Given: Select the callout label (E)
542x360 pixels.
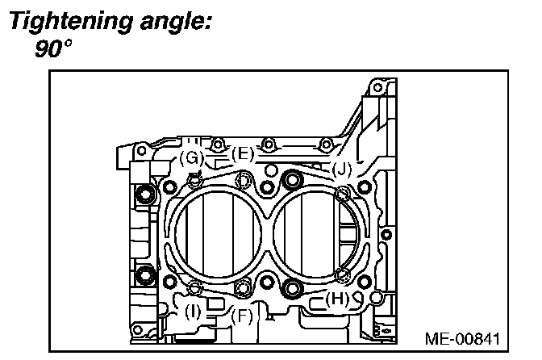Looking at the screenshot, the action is coord(242,153).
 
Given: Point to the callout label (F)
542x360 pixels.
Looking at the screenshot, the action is coord(242,316).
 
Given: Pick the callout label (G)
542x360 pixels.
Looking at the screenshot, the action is coord(191,157).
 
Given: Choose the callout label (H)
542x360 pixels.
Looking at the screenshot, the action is coord(338,299).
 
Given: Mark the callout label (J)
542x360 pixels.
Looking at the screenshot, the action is coord(342,170).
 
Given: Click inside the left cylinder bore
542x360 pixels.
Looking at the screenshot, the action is coord(215,234).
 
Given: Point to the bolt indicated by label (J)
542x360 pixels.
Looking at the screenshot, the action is coord(343,192).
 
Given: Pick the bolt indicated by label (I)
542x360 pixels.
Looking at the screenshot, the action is coord(194,288).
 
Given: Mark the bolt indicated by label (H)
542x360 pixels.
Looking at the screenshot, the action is coord(342,277).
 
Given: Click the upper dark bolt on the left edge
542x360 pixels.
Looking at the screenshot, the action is coord(145,194).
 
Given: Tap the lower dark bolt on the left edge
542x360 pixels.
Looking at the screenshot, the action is coord(145,274).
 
